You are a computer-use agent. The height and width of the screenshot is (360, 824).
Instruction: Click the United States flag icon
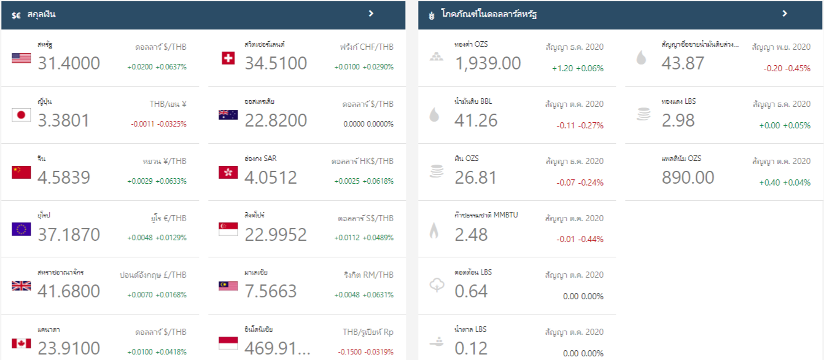21,58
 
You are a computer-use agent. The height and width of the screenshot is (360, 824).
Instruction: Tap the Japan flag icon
21,115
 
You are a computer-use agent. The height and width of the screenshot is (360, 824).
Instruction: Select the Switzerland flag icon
228,58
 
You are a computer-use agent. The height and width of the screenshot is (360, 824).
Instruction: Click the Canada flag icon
21,343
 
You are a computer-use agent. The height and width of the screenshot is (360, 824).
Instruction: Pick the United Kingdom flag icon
21,286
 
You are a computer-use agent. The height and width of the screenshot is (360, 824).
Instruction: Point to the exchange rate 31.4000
69,63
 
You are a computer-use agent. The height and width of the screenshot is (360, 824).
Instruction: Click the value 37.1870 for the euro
69,234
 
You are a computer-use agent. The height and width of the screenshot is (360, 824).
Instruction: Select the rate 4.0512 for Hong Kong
271,178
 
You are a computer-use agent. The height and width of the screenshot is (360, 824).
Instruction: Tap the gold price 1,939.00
488,63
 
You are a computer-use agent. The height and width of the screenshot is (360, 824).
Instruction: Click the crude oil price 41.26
476,120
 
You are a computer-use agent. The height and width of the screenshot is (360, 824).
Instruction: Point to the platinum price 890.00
688,178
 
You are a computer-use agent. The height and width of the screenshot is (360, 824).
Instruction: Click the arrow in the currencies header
371,13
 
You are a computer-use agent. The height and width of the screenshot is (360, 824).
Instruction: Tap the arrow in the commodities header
784,13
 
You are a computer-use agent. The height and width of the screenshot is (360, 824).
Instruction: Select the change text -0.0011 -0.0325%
158,124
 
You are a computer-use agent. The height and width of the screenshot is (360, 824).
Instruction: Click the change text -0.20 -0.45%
787,68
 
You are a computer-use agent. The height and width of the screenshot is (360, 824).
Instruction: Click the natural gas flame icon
434,230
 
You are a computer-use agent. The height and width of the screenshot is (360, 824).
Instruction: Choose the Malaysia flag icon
228,286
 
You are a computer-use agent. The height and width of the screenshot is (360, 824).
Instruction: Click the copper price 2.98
678,120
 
